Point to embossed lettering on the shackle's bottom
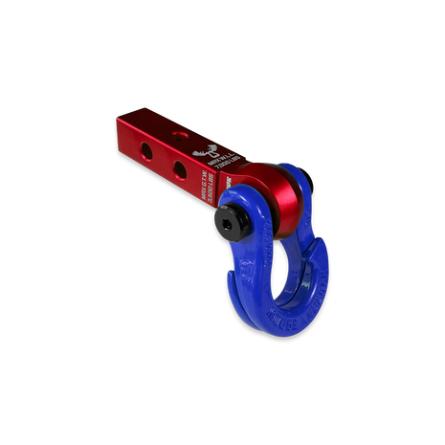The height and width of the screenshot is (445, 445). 287,313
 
